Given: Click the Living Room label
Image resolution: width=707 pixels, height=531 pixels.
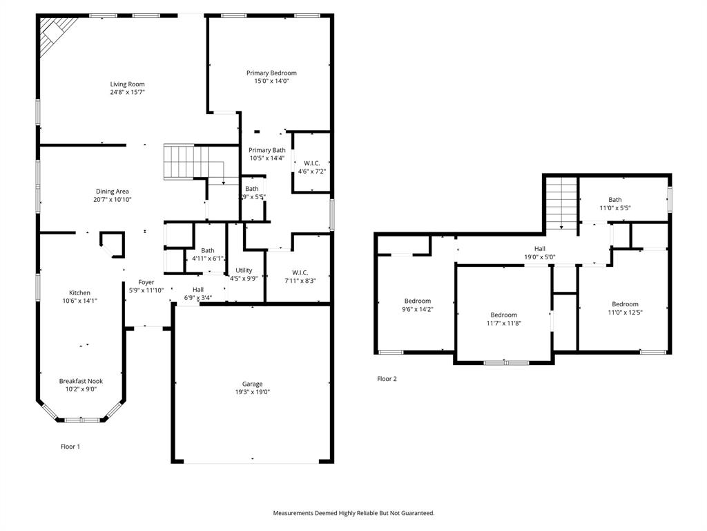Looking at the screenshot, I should [x=127, y=84].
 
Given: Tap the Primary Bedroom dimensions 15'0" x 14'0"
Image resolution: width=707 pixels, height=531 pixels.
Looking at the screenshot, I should [x=271, y=81].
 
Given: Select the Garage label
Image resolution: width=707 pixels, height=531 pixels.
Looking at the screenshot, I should [x=252, y=384].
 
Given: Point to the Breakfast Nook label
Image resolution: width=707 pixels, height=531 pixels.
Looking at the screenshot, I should [x=81, y=381].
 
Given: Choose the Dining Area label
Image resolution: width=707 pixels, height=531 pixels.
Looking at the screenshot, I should [x=113, y=192].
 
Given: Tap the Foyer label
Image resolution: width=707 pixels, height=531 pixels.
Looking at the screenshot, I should [x=146, y=282].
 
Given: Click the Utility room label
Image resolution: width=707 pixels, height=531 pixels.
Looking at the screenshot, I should [x=244, y=270].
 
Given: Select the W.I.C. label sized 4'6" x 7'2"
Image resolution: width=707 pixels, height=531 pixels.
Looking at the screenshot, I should [x=311, y=163].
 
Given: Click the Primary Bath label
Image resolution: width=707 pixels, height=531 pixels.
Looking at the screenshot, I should [x=267, y=150].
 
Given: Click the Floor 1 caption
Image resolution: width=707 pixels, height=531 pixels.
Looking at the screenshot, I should [x=70, y=447].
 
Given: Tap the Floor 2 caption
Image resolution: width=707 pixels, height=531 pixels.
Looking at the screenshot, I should [x=387, y=379].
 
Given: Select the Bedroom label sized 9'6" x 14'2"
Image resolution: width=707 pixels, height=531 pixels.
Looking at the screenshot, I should [x=417, y=301].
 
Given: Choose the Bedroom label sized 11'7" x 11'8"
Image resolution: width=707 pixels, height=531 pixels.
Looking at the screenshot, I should [x=503, y=315].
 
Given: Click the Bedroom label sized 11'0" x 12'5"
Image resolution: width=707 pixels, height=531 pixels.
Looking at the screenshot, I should [x=625, y=304].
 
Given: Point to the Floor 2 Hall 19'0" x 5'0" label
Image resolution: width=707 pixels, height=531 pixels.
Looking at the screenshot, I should [x=539, y=249].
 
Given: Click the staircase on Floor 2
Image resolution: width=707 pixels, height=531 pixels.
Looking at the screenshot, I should [x=562, y=203].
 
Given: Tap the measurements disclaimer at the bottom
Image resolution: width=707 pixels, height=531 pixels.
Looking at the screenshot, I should [x=353, y=513].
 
